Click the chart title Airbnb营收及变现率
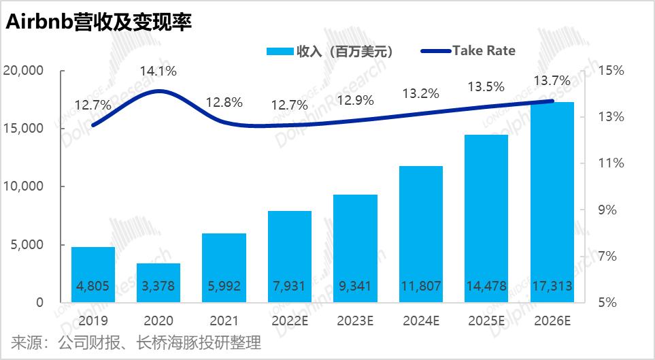99,22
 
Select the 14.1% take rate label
158,70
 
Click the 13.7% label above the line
552,82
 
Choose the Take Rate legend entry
469,50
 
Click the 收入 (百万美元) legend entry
330,51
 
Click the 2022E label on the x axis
290,320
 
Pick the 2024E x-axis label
420,320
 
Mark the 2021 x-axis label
224,320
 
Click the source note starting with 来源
136,342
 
